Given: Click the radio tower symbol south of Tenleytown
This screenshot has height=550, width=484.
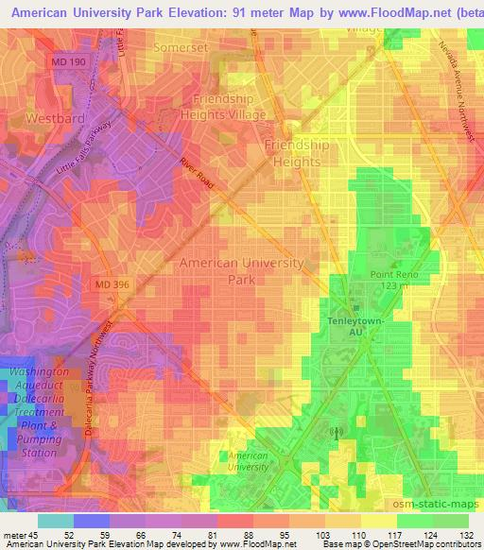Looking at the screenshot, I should tap(333, 432).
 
